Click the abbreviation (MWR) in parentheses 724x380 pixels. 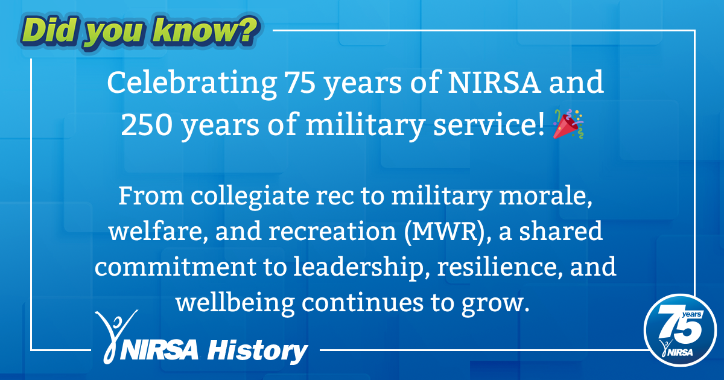coord(451,232)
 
